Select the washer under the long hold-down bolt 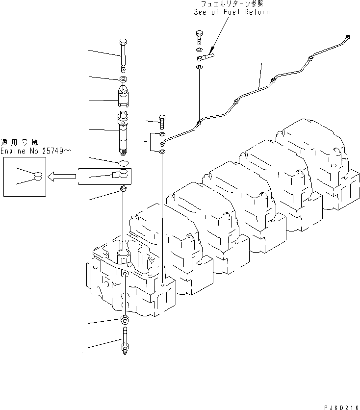123,79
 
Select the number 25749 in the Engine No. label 51,152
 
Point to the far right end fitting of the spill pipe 348,36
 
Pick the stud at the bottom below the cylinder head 124,342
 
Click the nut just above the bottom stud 124,321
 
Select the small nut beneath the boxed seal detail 124,189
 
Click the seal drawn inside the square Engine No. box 37,176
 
